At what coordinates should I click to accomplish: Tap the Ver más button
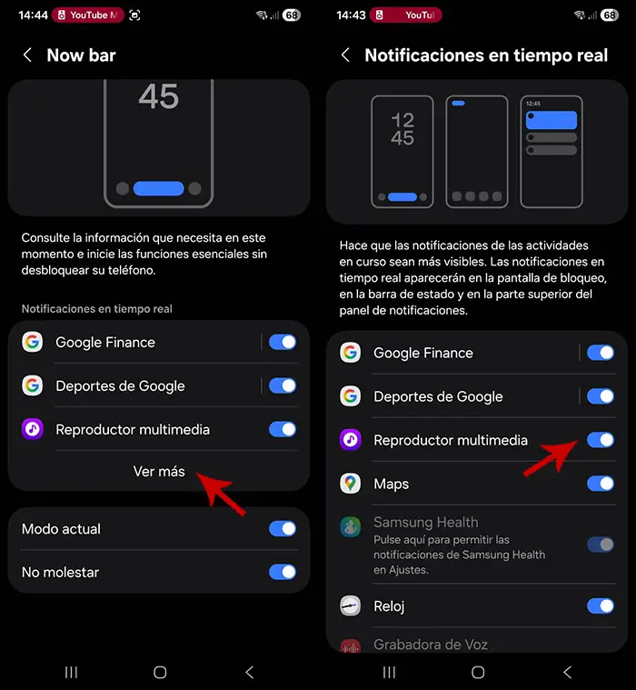[x=159, y=472]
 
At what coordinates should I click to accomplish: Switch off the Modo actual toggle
[x=283, y=529]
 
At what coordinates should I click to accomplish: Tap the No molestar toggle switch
[x=283, y=573]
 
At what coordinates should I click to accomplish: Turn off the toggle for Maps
[x=601, y=484]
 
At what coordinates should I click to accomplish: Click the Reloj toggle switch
[x=601, y=606]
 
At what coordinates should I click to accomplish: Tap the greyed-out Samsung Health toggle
[x=601, y=545]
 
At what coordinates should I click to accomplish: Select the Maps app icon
[x=351, y=484]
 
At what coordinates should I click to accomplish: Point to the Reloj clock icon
[x=351, y=606]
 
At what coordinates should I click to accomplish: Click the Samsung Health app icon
[x=351, y=527]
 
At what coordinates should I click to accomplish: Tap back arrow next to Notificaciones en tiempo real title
[x=345, y=55]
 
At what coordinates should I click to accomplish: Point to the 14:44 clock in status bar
[x=33, y=15]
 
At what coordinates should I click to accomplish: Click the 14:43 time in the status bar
[x=351, y=15]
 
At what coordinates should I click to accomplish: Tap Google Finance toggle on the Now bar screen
[x=283, y=343]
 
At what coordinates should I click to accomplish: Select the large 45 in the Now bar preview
[x=159, y=96]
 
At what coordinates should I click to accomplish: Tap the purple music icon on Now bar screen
[x=33, y=429]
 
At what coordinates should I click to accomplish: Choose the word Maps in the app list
[x=391, y=484]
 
